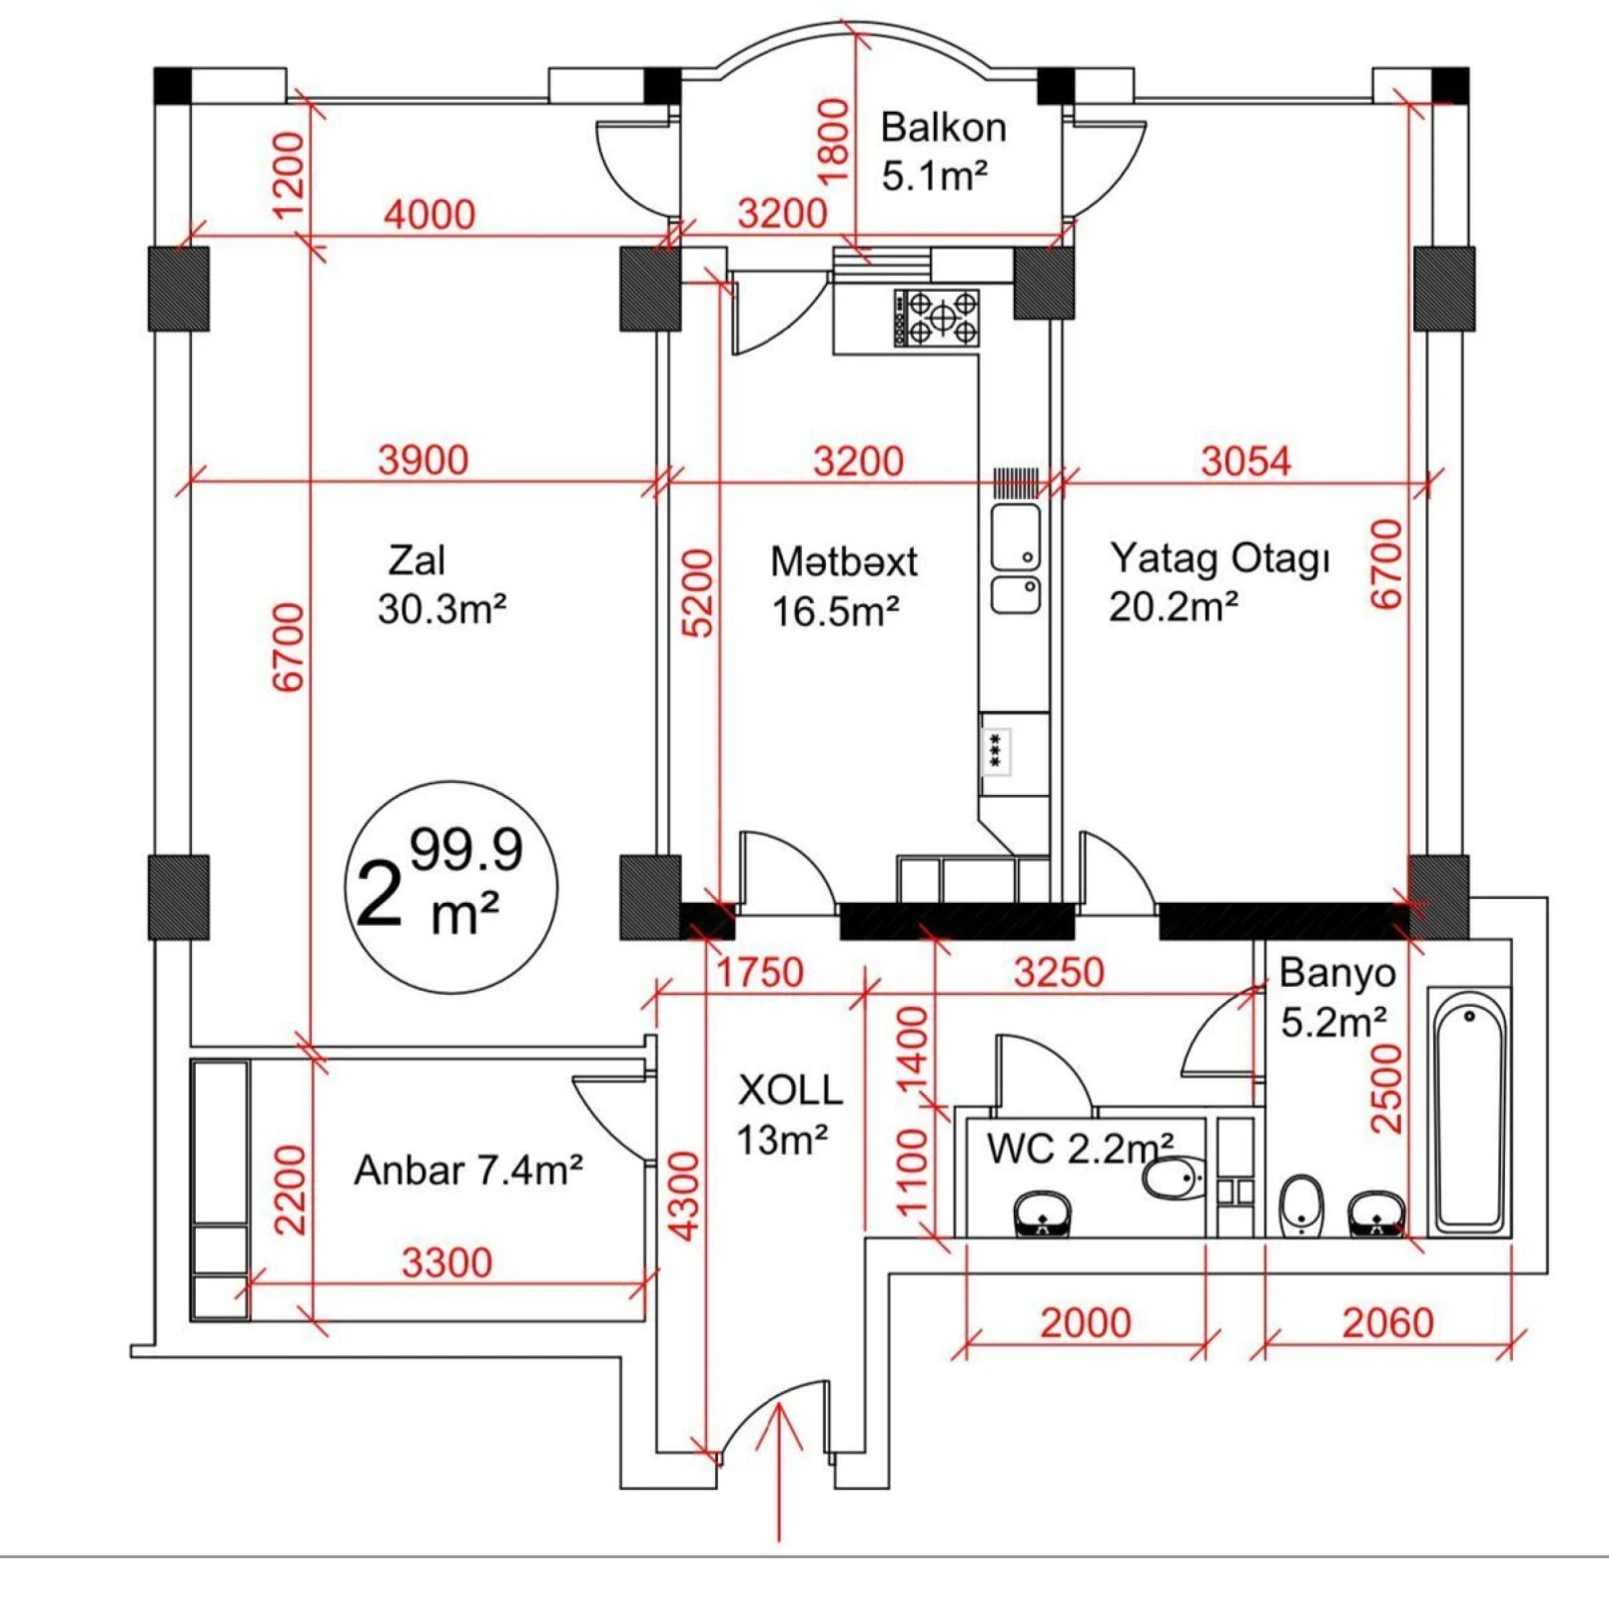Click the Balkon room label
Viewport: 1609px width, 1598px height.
pyautogui.click(x=942, y=129)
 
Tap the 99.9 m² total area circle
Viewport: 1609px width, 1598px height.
pyautogui.click(x=451, y=887)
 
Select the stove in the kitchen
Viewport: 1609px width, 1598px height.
pyautogui.click(x=936, y=318)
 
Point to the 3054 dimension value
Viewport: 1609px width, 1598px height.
pyautogui.click(x=1245, y=461)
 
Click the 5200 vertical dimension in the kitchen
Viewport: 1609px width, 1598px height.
pyautogui.click(x=699, y=592)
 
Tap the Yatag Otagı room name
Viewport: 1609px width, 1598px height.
pyautogui.click(x=1219, y=558)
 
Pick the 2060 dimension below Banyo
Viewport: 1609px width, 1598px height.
pyautogui.click(x=1387, y=1322)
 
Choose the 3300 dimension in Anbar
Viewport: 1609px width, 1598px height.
pyautogui.click(x=446, y=1262)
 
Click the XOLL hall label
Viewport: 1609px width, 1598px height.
pyautogui.click(x=789, y=1091)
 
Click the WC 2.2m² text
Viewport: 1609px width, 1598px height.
pyautogui.click(x=1079, y=1149)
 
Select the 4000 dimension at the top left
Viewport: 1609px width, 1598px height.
pyautogui.click(x=429, y=215)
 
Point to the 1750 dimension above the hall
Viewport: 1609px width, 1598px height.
pyautogui.click(x=760, y=972)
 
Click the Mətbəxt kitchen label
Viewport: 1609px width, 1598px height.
pyautogui.click(x=843, y=561)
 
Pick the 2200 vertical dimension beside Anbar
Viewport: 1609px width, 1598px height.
pyautogui.click(x=290, y=1189)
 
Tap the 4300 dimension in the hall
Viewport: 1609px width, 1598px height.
pyautogui.click(x=684, y=1196)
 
